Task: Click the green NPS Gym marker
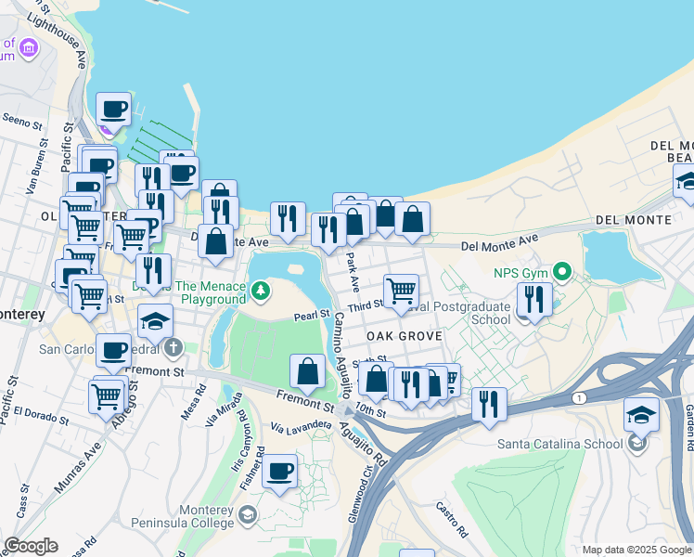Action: tap(560, 272)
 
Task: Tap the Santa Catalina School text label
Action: tap(560, 443)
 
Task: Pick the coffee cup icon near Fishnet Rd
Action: tap(279, 470)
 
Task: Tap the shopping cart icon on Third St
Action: tap(401, 290)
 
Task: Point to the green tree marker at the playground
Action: tap(263, 292)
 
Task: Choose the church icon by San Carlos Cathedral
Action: tap(173, 350)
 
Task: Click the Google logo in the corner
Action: tap(31, 546)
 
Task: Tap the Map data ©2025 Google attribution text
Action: tap(636, 550)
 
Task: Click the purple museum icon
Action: tap(29, 47)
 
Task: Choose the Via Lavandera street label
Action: tap(301, 425)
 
